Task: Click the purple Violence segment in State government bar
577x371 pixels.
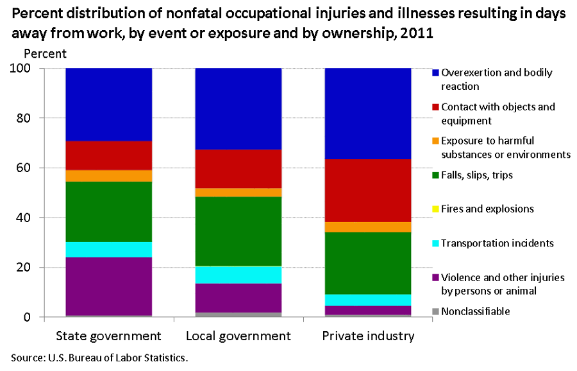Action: [x=108, y=286]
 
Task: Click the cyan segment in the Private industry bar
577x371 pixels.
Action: [x=367, y=300]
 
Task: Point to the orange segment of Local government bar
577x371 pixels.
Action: [x=238, y=193]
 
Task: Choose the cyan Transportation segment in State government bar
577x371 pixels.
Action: [x=108, y=250]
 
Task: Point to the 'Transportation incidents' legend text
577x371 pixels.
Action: [x=497, y=243]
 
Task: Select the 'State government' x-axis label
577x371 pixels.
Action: [x=108, y=336]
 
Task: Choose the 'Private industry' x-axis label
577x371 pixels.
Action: [x=368, y=336]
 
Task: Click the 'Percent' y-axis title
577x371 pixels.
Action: [x=44, y=53]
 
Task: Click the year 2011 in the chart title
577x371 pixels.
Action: [x=417, y=33]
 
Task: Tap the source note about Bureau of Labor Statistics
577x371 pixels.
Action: [x=99, y=358]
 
